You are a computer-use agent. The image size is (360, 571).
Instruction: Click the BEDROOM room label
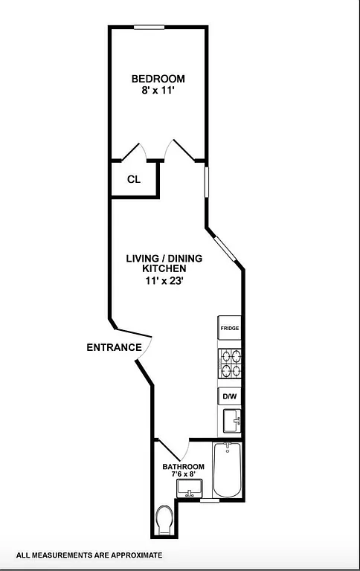click(x=158, y=79)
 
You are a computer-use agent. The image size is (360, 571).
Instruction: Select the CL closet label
click(x=134, y=179)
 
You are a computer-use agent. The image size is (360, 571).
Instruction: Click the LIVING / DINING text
click(x=163, y=259)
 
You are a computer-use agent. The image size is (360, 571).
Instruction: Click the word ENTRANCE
click(x=114, y=347)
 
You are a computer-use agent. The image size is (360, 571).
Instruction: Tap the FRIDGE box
click(x=229, y=328)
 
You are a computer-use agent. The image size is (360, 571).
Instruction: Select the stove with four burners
click(x=229, y=365)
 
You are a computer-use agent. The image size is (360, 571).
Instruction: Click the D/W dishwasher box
click(x=229, y=397)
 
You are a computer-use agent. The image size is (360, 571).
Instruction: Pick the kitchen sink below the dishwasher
click(x=231, y=422)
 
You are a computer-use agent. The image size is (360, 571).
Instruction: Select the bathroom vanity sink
click(x=189, y=488)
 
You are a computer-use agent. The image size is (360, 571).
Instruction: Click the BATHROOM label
click(x=183, y=467)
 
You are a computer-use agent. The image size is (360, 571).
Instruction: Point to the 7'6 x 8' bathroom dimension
click(x=183, y=474)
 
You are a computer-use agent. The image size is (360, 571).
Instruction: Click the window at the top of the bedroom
click(x=149, y=28)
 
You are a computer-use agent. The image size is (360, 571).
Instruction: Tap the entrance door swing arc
click(x=145, y=349)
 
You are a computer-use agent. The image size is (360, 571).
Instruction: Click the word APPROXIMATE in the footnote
click(x=135, y=555)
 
